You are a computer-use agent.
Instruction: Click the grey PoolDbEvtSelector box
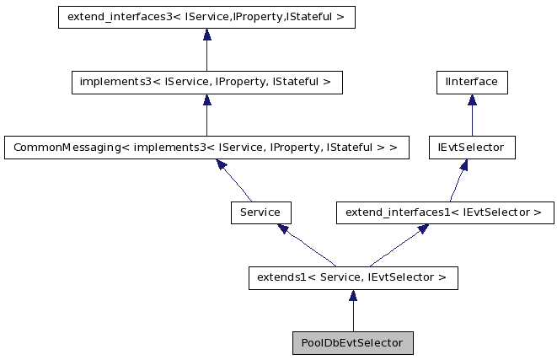pyautogui.click(x=352, y=344)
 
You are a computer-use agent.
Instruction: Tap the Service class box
pyautogui.click(x=260, y=212)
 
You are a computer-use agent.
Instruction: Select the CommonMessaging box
pyautogui.click(x=206, y=148)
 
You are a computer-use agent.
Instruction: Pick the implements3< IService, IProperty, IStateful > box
pyautogui.click(x=206, y=82)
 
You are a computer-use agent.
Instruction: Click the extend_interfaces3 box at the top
pyautogui.click(x=206, y=17)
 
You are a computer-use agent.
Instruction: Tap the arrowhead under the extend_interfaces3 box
pyautogui.click(x=206, y=35)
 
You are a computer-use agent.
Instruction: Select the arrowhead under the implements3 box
pyautogui.click(x=206, y=100)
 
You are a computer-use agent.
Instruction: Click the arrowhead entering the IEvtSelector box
pyautogui.click(x=463, y=165)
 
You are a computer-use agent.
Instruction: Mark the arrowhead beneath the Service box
pyautogui.click(x=284, y=229)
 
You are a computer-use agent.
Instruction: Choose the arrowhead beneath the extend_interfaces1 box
pyautogui.click(x=422, y=230)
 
